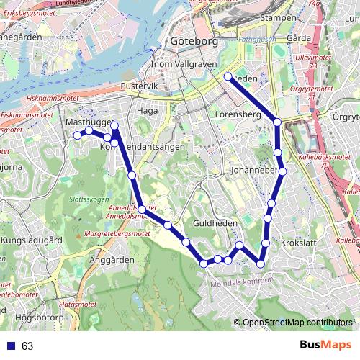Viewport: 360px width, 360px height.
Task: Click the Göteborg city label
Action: tap(193, 42)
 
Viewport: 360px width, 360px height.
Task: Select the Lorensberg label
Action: tap(237, 114)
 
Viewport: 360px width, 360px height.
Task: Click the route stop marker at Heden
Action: tap(228, 76)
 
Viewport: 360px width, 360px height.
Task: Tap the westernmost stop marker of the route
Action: tap(77, 135)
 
